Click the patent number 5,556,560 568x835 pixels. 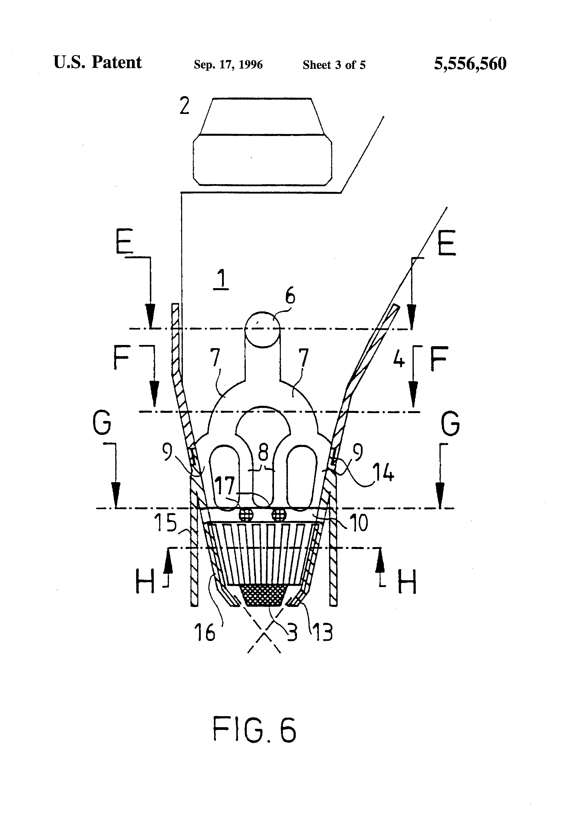[470, 64]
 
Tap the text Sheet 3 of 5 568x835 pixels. [334, 65]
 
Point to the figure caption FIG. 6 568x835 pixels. [254, 730]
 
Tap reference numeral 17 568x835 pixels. [225, 486]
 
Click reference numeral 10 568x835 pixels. [358, 523]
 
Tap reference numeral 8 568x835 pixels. [263, 453]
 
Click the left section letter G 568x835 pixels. [102, 423]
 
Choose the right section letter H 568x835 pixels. [407, 582]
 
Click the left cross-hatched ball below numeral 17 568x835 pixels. [246, 515]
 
